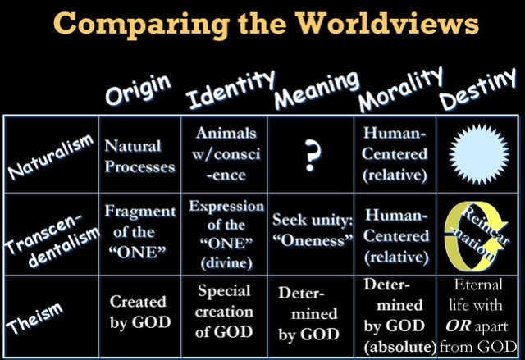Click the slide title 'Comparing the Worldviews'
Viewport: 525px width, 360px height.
[266, 24]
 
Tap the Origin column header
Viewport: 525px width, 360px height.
[138, 89]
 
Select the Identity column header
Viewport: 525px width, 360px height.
[231, 89]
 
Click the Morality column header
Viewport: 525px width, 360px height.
[400, 89]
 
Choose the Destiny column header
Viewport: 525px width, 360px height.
[477, 89]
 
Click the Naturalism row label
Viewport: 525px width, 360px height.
[50, 156]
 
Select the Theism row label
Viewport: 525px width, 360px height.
[34, 318]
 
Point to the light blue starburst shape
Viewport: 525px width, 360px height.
[478, 154]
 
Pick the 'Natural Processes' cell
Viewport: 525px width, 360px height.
[139, 157]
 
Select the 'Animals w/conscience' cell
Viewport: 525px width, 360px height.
[226, 154]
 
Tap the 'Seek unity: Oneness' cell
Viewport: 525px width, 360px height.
[313, 230]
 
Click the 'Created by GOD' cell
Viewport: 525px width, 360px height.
[140, 312]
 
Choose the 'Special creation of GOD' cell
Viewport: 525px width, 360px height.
[224, 312]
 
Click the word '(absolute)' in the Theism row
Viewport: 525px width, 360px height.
[399, 347]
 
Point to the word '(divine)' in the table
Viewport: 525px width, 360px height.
[226, 263]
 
